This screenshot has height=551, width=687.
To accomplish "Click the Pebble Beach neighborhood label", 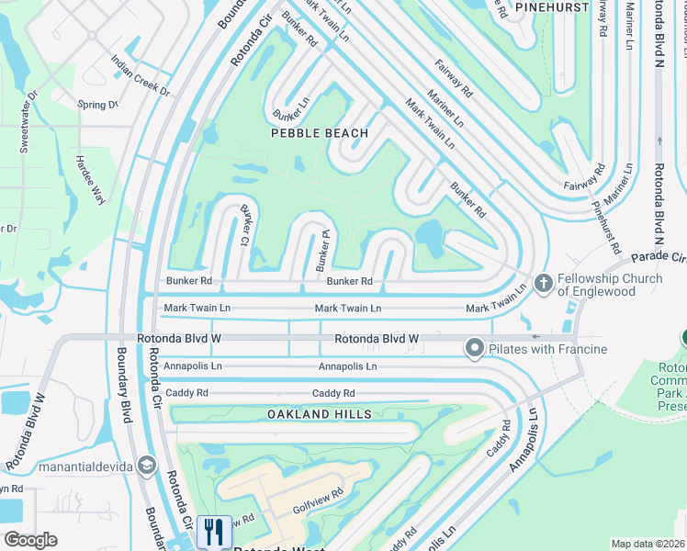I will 320,133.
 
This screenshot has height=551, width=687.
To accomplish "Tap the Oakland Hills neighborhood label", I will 320,414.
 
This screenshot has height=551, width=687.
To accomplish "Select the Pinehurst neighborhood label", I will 551,6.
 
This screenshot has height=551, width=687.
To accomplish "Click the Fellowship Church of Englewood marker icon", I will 543,283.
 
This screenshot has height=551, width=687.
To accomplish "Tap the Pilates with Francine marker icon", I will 475,348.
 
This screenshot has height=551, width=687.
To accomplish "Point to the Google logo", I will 30,540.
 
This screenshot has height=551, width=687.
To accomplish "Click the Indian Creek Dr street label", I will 140,75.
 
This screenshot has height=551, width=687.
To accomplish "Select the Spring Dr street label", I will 98,105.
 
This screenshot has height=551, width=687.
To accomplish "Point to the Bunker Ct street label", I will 245,227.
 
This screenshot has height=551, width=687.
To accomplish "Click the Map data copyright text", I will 648,544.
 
